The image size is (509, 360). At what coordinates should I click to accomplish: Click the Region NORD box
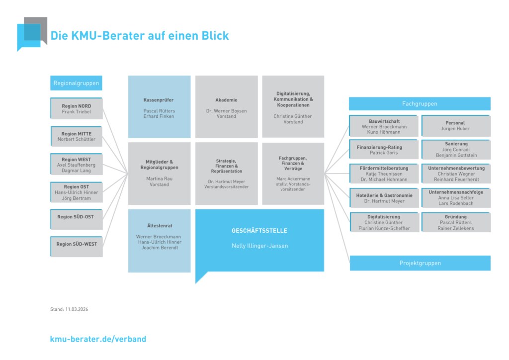pos(77,108)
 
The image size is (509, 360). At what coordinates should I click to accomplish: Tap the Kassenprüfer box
pos(159,107)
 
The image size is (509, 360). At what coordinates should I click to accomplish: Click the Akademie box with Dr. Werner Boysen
pos(226,107)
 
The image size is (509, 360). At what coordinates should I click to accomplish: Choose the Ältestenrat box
pos(159,241)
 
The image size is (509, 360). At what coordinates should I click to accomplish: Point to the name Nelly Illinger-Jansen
pos(259,246)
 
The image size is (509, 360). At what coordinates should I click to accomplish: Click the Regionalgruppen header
pos(76,84)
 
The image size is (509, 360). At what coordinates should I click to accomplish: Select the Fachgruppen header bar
pos(420,103)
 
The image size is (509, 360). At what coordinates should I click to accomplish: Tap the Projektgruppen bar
pos(420,263)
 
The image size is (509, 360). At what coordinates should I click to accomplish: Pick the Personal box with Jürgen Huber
pos(455,126)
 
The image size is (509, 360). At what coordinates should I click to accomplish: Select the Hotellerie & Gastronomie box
pos(384,198)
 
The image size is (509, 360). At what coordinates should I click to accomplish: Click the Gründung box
pos(456,222)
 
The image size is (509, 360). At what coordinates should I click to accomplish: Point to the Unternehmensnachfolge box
pos(456,198)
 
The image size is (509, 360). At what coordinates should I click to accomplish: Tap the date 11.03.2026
pos(77,309)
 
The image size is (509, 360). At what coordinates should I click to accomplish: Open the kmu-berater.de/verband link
pos(98,339)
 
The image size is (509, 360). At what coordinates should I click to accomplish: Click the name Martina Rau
pos(159,178)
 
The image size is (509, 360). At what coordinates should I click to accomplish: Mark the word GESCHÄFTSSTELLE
pos(259,231)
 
